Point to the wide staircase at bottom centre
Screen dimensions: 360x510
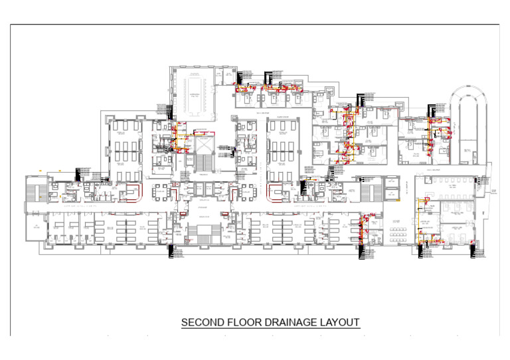click(203, 233)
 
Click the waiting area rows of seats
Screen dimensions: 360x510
click(399, 232)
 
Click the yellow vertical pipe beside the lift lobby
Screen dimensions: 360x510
click(177, 136)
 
